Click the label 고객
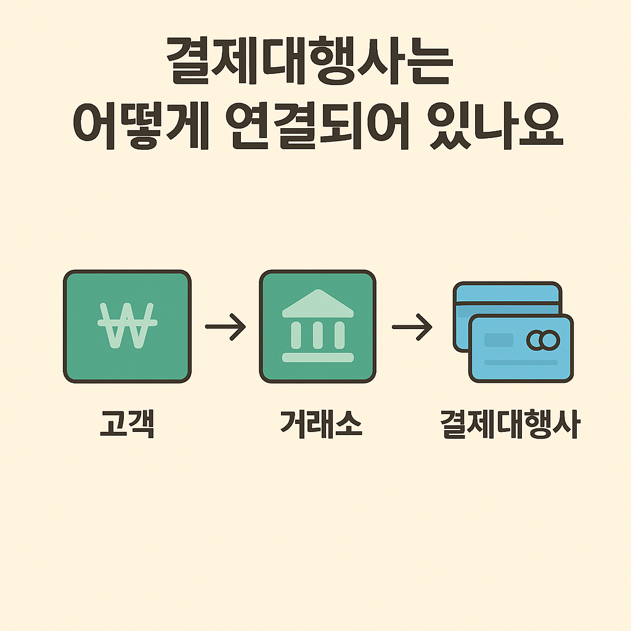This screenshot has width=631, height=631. click(126, 424)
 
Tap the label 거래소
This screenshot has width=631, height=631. click(317, 424)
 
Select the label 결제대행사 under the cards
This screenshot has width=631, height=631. click(510, 424)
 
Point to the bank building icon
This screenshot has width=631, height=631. click(317, 327)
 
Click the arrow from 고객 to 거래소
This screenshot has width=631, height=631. click(225, 327)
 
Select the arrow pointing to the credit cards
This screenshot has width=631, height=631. click(412, 327)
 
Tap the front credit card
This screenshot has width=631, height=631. click(521, 348)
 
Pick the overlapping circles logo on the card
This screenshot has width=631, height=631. click(543, 340)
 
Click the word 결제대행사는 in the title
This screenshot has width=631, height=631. click(310, 65)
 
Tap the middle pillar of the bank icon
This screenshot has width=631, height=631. click(317, 335)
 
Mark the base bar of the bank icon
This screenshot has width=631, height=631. click(317, 357)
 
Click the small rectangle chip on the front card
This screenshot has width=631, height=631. click(499, 340)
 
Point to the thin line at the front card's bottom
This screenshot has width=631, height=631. click(521, 362)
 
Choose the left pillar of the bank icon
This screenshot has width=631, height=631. click(296, 335)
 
